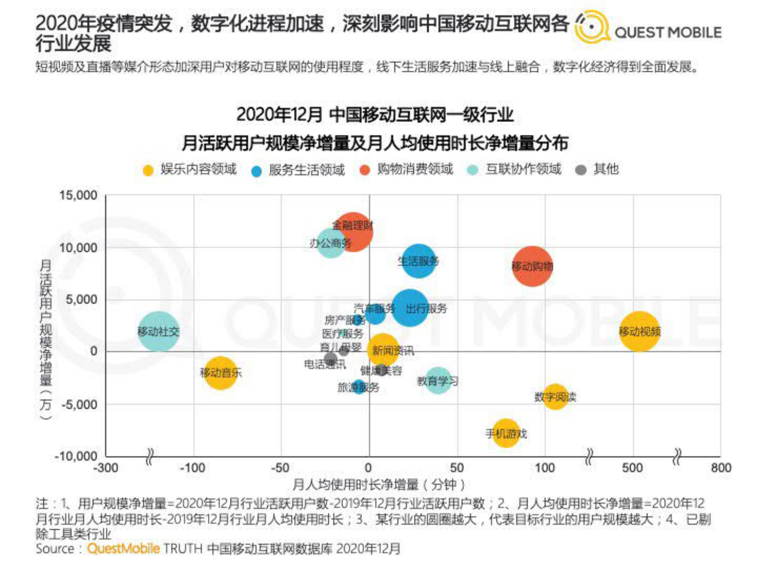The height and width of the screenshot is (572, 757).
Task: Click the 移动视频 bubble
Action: coord(639,331)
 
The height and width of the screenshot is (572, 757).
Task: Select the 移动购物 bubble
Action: coord(532,266)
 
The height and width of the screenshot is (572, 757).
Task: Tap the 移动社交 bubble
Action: coord(159,331)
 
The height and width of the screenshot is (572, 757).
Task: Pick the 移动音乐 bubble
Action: coord(220,373)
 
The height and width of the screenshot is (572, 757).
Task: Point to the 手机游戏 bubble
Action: coord(506,433)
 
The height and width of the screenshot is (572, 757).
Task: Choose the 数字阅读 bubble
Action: coord(555,397)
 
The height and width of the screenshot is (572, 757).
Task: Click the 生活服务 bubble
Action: coord(419,261)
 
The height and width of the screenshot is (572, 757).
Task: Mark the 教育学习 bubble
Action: coord(437,380)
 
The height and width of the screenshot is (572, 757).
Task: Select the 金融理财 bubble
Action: coord(352,231)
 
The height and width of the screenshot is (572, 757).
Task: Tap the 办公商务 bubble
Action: coord(331,243)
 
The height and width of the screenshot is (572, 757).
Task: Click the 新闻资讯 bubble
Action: coord(383,350)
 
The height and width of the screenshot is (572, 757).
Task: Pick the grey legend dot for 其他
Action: coord(581,170)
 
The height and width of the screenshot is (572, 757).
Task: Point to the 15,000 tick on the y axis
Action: coord(78,195)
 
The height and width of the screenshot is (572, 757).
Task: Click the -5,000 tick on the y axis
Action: coord(79,405)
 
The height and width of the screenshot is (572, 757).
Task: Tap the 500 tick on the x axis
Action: coord(632,467)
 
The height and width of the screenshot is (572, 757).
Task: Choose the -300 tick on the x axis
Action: coord(106,467)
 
